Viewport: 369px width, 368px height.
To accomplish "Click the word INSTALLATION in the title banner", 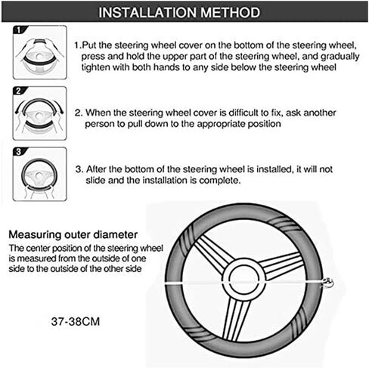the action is coord(147,12).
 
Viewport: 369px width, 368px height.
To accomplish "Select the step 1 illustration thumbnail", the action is coord(40,52).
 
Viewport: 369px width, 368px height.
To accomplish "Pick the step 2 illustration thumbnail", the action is coord(40,113).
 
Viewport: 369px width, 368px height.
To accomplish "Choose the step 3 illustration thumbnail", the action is coord(40,175).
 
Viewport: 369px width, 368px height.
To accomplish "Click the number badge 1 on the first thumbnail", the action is coord(18,30).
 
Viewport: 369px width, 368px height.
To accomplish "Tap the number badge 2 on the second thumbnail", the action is coord(18,91).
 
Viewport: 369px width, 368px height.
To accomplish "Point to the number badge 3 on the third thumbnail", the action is coord(18,152).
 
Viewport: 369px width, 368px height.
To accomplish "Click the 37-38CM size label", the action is coord(76,322).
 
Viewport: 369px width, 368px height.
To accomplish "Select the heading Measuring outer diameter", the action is coord(73,234).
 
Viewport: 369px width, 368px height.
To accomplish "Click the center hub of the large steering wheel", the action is coord(244,280).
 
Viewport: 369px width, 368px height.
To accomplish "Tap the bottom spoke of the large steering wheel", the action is coord(236,320).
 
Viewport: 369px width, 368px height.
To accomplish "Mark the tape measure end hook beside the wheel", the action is coord(327,283).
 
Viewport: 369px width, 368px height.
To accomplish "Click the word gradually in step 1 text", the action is coord(340,57).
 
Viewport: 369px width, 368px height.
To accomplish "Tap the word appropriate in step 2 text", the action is coord(221,124).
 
